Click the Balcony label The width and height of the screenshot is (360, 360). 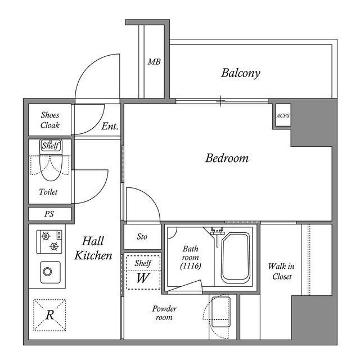tap(240, 73)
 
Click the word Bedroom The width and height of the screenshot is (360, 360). tap(227, 158)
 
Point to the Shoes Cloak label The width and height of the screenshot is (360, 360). tap(50, 120)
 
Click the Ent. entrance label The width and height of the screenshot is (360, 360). tap(110, 127)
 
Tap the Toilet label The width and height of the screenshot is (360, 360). tap(48, 192)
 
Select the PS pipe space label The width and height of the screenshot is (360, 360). tap(49, 214)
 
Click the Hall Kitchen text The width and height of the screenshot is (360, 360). tap(93, 248)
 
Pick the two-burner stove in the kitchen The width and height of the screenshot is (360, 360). tap(49, 241)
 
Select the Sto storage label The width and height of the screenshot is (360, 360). tap(142, 237)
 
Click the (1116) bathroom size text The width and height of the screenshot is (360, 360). tap(189, 266)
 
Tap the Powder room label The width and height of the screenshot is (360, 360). tap(164, 313)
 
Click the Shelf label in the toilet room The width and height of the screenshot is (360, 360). tap(50, 146)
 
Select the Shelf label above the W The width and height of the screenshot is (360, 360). tap(142, 263)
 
